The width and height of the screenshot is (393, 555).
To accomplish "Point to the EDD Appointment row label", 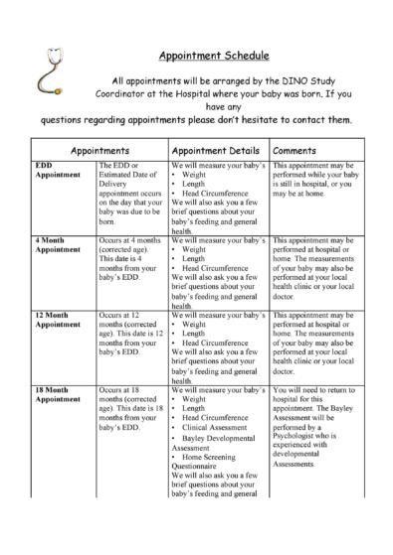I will (x=56, y=170).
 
